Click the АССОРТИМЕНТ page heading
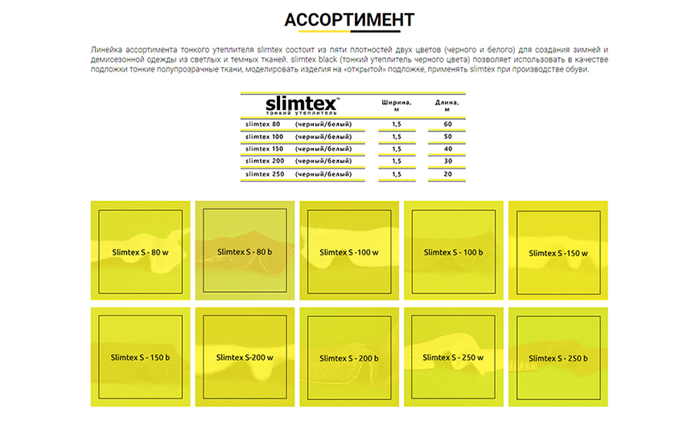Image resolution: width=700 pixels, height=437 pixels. click(x=349, y=20)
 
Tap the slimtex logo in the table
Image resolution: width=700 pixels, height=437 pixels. click(x=303, y=106)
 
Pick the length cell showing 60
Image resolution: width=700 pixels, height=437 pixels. click(x=448, y=124)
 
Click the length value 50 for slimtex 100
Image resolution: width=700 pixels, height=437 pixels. click(x=448, y=137)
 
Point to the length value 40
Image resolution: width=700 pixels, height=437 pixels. click(x=448, y=149)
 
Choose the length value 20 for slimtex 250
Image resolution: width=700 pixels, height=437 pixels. click(x=448, y=174)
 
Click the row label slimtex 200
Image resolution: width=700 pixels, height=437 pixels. click(x=265, y=161)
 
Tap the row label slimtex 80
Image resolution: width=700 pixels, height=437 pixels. click(x=263, y=125)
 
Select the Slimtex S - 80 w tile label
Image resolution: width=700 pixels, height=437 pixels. click(x=140, y=252)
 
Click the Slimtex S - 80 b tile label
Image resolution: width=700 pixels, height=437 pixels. click(x=245, y=252)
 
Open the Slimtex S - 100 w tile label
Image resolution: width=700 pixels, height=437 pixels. click(x=349, y=252)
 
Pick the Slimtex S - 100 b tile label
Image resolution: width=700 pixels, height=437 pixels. click(x=454, y=252)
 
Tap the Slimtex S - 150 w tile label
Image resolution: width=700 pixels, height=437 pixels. click(x=558, y=253)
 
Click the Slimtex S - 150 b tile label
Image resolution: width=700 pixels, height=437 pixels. click(x=140, y=357)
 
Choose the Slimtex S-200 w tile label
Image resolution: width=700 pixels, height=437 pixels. click(x=245, y=357)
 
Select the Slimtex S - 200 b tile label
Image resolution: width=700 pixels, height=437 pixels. click(x=349, y=358)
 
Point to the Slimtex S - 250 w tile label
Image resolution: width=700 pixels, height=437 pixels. click(x=453, y=357)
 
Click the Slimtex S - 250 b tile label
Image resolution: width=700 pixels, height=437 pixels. click(x=558, y=358)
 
